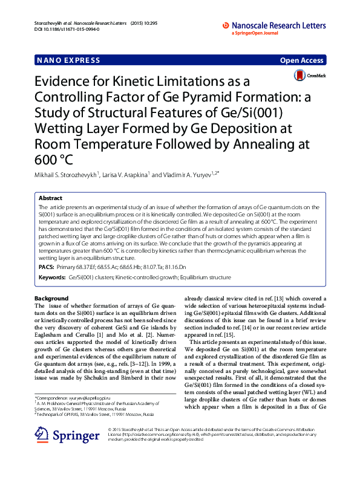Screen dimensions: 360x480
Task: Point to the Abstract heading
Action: (50, 198)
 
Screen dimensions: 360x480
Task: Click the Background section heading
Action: (51, 299)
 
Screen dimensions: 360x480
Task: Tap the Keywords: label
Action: (52, 277)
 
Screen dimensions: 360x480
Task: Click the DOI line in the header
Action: (61, 28)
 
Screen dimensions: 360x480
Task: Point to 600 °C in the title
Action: (57, 160)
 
